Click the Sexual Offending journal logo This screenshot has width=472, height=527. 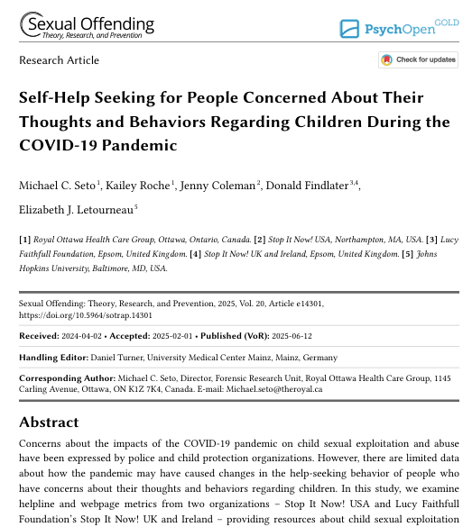87,26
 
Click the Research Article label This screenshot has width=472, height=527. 60,60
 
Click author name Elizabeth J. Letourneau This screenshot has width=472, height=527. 75,209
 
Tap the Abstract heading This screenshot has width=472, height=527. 49,423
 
